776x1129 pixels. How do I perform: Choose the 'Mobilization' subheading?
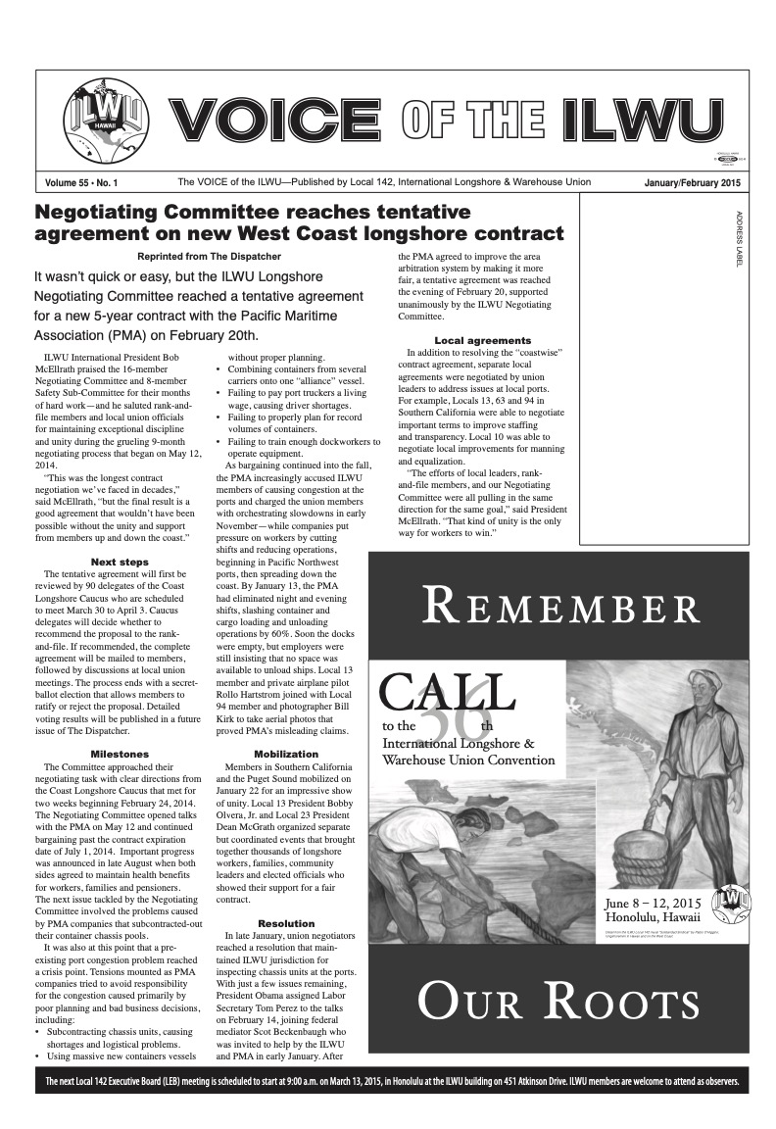286,754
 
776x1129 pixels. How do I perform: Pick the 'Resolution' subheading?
286,923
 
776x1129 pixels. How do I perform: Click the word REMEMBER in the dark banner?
559,608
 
